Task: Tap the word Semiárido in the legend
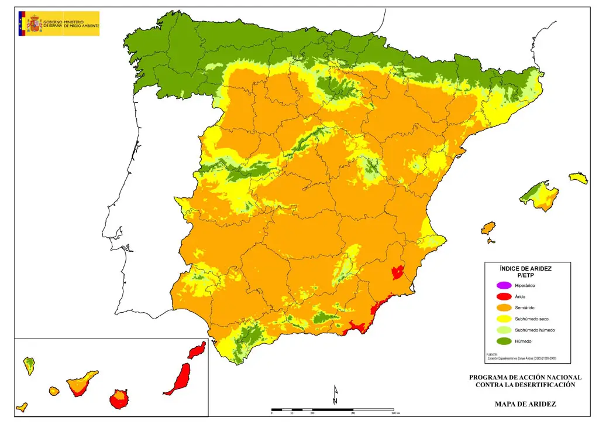point(525,308)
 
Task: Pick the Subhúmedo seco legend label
point(531,319)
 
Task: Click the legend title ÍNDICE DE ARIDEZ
point(525,268)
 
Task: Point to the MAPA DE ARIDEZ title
point(525,404)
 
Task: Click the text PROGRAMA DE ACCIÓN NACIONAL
point(525,377)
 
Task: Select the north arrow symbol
point(335,395)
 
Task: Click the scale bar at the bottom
point(332,409)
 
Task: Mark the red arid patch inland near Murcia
point(398,272)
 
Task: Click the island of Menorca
point(579,177)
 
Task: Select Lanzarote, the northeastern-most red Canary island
point(197,350)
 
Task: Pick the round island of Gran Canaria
point(118,399)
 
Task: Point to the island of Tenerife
point(81,384)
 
